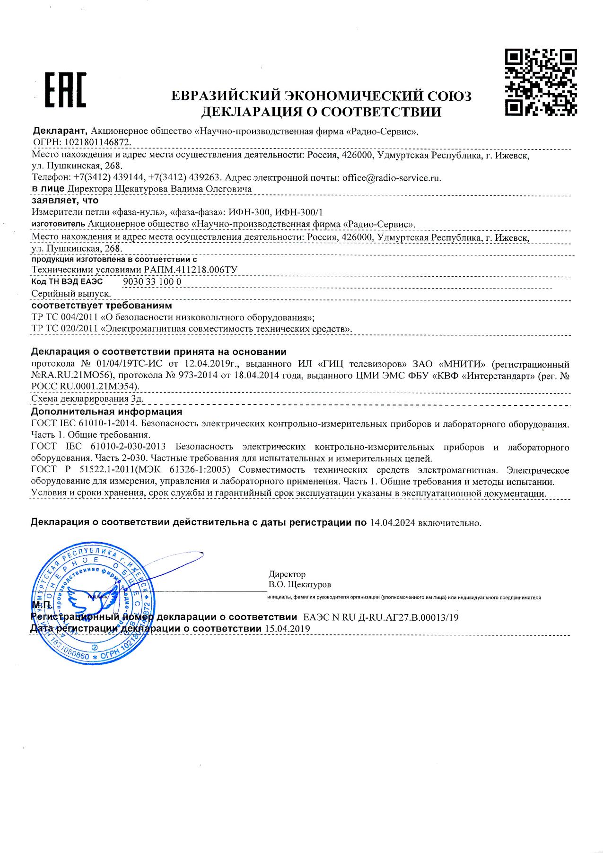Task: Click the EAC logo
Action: coord(65,90)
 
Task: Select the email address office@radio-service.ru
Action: coord(392,178)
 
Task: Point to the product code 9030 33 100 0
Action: coord(152,281)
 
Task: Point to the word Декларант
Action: coord(60,131)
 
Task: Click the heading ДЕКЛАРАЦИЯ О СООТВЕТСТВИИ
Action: coord(321,112)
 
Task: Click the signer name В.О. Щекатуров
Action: coord(300,584)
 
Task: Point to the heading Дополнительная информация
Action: coord(106,412)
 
